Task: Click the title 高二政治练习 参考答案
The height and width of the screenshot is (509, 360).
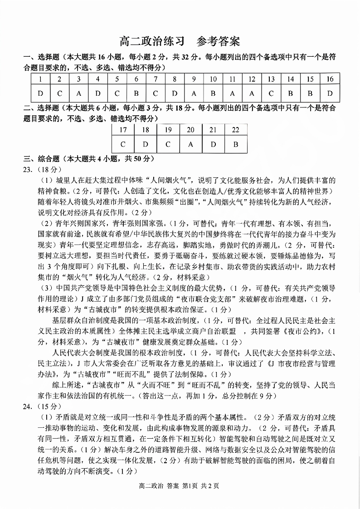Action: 180,42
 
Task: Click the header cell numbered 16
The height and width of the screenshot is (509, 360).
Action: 330,79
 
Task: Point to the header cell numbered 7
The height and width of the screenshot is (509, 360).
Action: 155,79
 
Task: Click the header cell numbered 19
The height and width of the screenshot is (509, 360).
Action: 168,130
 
